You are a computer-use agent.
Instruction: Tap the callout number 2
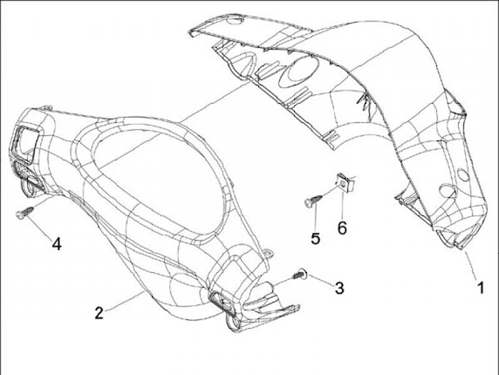(100, 312)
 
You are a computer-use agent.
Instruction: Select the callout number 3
(339, 288)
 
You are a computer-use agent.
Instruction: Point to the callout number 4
(57, 244)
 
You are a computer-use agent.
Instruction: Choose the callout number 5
(316, 238)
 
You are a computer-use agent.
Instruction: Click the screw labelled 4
(23, 214)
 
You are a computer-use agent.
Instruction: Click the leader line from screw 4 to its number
(40, 229)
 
